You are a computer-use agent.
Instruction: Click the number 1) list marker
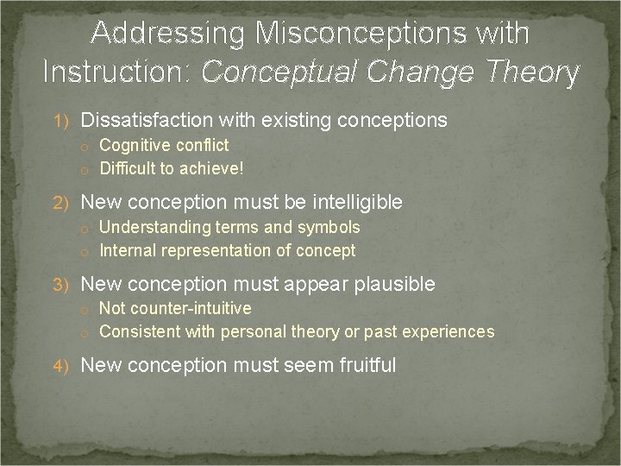(65, 121)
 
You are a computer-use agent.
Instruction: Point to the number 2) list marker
(65, 203)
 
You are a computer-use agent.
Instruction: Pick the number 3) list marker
(65, 284)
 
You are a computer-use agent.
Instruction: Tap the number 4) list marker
(65, 366)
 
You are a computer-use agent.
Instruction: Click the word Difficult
(129, 168)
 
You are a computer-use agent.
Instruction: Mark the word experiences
(451, 331)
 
